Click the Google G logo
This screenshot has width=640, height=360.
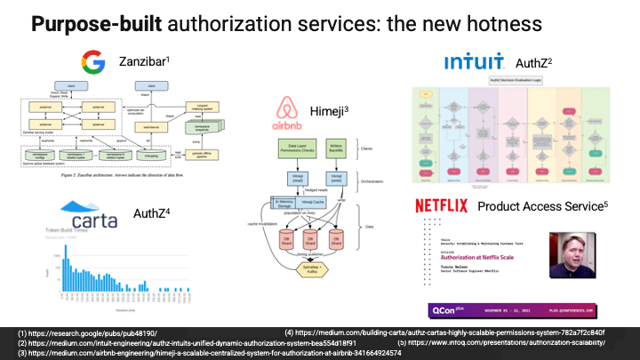point(92,61)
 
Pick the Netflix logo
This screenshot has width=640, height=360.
point(442,206)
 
